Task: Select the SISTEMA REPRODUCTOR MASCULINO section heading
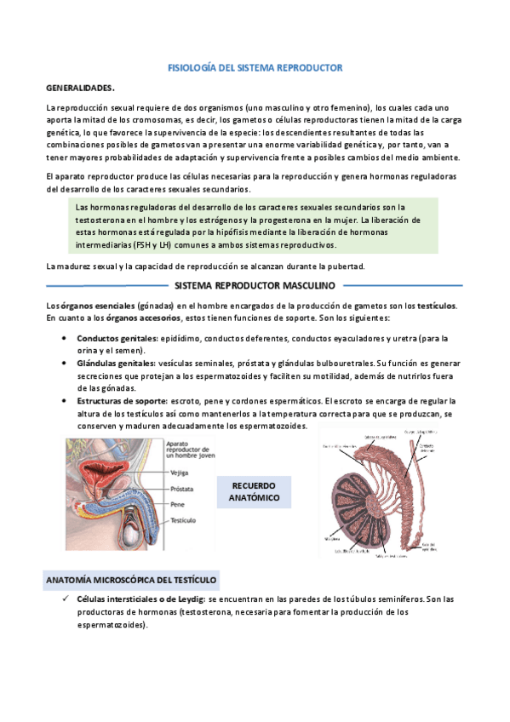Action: (255, 285)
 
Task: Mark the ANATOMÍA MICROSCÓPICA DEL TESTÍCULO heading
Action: (131, 580)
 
